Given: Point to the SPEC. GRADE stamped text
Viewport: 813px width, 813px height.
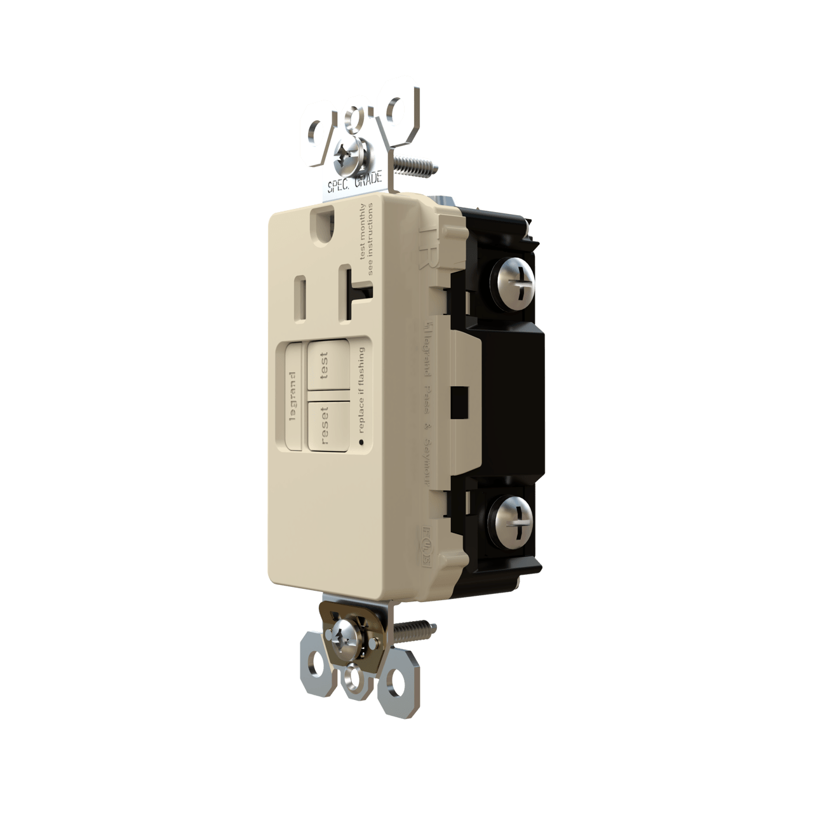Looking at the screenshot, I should click(x=354, y=183).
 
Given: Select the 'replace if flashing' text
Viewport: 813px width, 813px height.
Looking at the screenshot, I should click(x=361, y=389).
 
